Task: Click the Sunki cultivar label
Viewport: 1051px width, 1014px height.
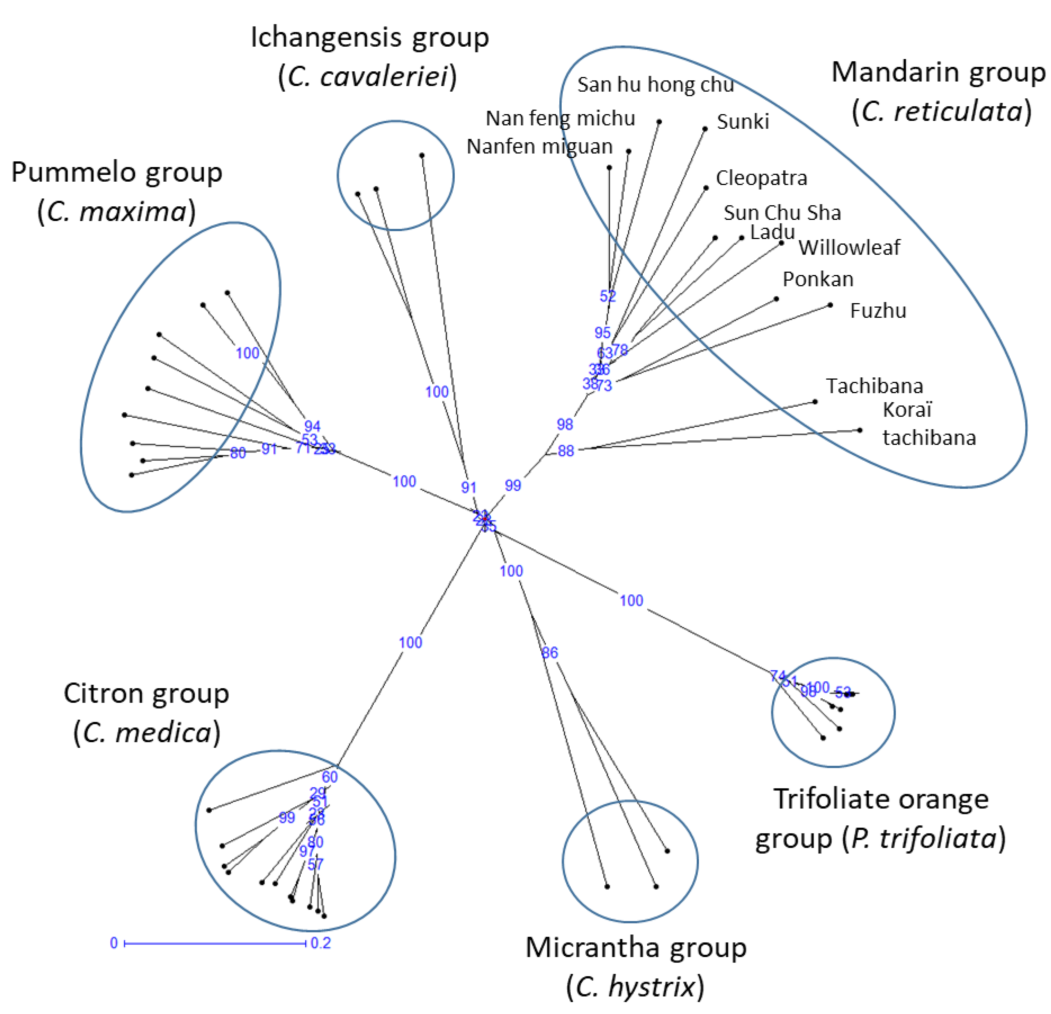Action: click(743, 122)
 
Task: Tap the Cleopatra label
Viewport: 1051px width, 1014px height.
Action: click(761, 178)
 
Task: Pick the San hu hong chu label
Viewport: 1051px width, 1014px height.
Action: click(655, 85)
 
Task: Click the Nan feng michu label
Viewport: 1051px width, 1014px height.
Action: click(560, 118)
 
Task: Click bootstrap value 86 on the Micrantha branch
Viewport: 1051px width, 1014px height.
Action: click(550, 653)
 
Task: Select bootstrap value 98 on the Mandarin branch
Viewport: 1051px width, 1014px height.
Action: click(565, 425)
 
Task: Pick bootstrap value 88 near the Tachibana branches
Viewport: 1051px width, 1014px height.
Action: click(566, 451)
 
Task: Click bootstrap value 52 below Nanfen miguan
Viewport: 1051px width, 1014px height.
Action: click(607, 296)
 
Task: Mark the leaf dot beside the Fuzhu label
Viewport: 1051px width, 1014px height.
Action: click(830, 305)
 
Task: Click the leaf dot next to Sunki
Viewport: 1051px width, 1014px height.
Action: click(705, 129)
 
